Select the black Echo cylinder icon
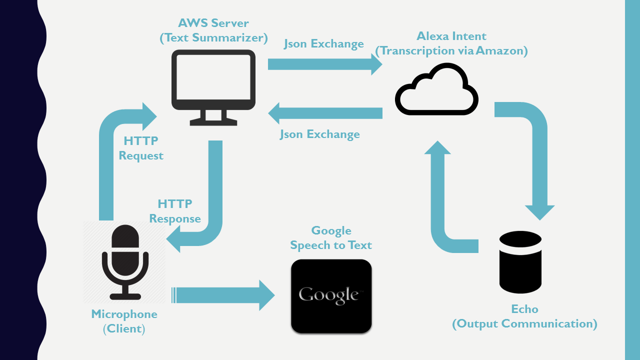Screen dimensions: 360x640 520,262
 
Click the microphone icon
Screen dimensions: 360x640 125,262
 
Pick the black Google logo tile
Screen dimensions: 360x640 331,295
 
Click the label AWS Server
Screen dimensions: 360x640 213,23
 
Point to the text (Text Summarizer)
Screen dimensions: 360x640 213,37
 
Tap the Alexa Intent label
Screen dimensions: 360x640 451,36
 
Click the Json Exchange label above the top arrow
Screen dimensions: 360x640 323,44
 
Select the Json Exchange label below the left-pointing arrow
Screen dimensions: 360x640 319,134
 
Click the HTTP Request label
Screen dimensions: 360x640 141,148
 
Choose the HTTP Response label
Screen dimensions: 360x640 175,211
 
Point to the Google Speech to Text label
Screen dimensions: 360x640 331,238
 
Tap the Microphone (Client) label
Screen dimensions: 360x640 124,321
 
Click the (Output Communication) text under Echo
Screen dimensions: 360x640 524,324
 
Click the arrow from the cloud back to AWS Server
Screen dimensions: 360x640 325,113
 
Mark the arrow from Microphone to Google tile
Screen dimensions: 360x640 222,295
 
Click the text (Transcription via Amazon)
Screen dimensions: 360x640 451,50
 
